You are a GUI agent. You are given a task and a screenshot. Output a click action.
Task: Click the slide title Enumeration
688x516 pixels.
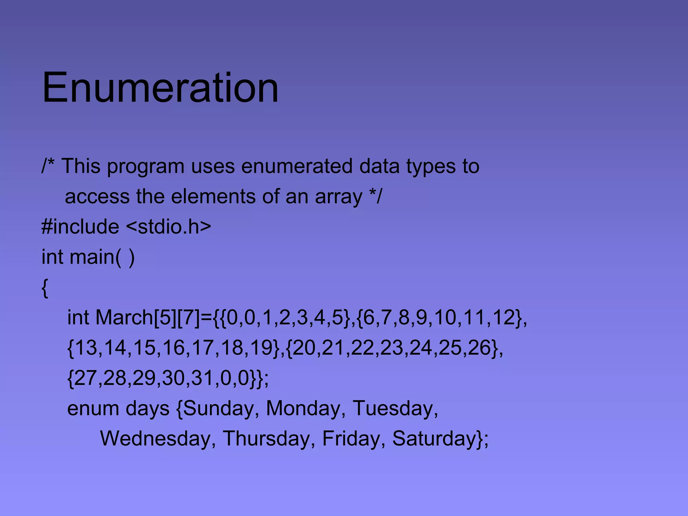(x=160, y=88)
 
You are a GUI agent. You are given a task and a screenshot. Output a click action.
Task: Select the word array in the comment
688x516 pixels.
(x=339, y=197)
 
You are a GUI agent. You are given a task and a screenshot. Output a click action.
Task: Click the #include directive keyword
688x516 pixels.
(x=80, y=226)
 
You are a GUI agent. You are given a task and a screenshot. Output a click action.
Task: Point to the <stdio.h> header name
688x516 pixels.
(x=169, y=226)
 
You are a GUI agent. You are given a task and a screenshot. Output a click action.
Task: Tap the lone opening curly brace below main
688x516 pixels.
(x=45, y=288)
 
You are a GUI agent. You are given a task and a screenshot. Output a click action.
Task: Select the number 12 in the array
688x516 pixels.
(x=504, y=317)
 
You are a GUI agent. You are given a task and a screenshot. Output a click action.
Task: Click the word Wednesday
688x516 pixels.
(x=156, y=439)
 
